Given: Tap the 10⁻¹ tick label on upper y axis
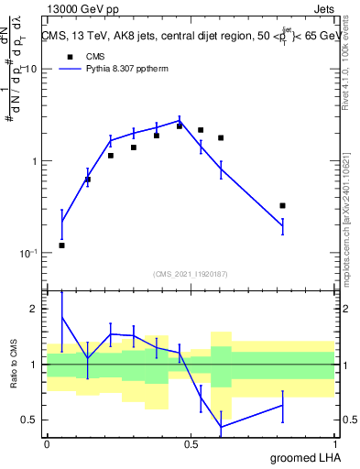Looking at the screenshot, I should point(27,253).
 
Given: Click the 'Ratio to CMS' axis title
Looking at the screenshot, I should point(13,365).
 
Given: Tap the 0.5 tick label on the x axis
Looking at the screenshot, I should point(191,443).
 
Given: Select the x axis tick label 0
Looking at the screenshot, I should point(46,443).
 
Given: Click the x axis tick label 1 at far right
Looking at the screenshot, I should point(335,443).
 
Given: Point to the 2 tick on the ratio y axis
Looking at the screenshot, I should point(35,310).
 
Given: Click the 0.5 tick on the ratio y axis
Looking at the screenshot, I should point(31,420).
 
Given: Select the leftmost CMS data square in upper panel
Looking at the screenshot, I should point(61,245).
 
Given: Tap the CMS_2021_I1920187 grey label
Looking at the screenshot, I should point(191,273).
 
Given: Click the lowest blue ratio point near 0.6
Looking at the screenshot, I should point(221,426).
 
